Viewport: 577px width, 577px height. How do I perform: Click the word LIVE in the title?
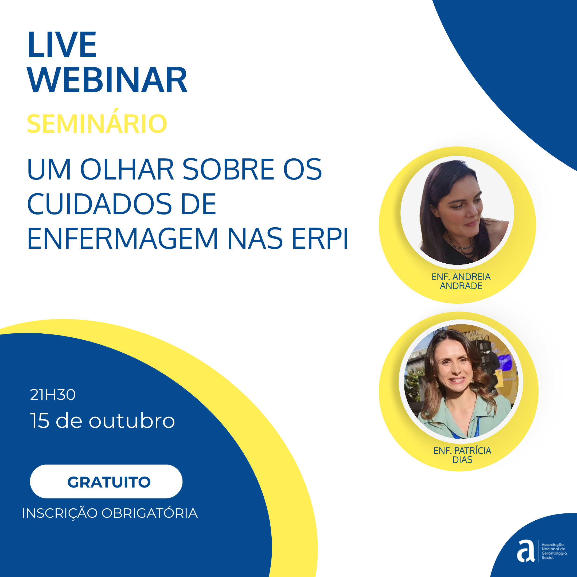click(x=62, y=45)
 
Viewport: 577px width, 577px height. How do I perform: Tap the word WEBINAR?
click(x=107, y=80)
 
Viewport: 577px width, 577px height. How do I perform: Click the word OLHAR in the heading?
click(x=127, y=169)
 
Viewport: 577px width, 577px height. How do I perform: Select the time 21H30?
click(x=53, y=395)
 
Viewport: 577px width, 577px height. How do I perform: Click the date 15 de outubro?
click(x=102, y=420)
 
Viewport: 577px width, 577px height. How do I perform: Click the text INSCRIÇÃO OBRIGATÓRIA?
click(x=110, y=513)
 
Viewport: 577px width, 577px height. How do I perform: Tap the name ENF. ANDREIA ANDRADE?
click(x=461, y=281)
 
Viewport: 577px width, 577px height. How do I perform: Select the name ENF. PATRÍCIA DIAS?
click(x=462, y=455)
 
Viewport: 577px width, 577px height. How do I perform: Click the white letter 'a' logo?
click(x=526, y=551)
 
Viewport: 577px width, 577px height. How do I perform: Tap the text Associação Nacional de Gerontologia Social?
click(x=554, y=551)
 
